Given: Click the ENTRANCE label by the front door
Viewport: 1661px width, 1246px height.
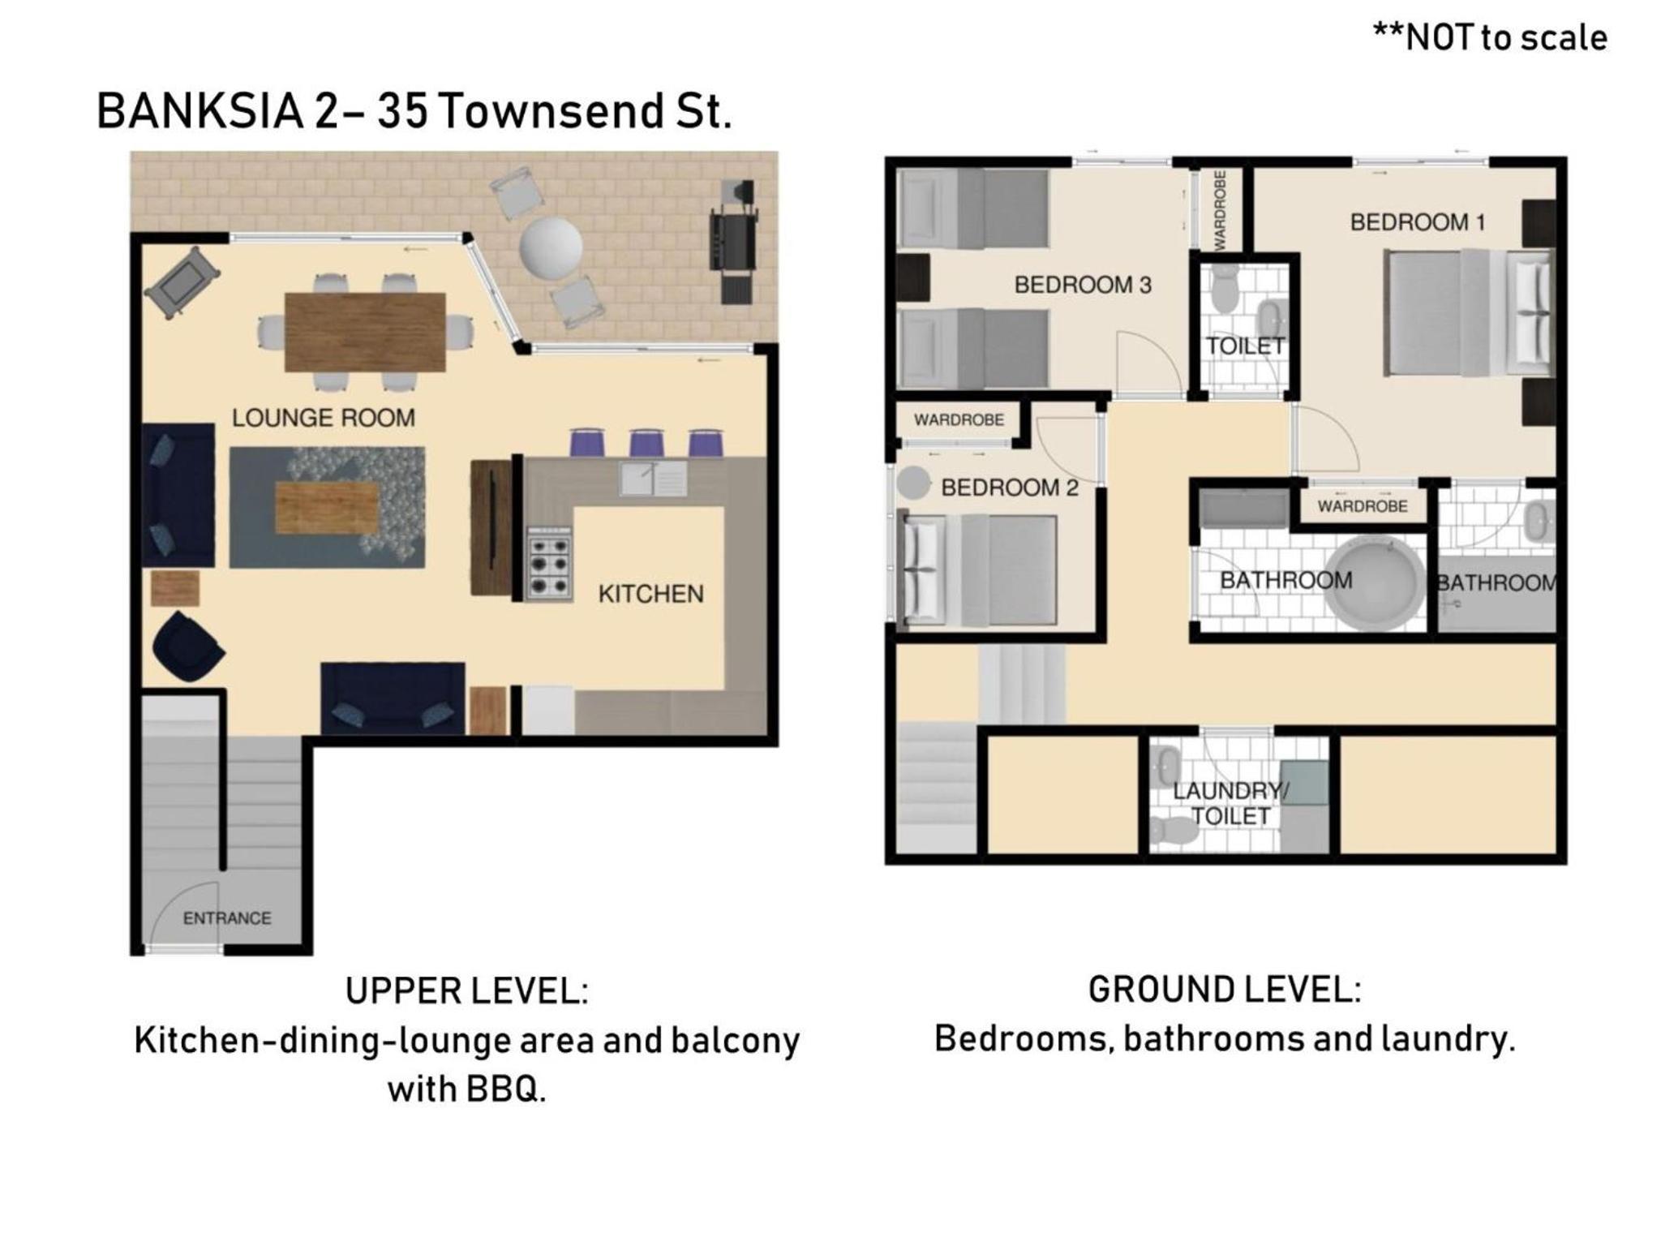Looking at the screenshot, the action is (x=227, y=918).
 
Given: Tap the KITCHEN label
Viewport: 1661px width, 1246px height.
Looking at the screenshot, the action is (x=650, y=594).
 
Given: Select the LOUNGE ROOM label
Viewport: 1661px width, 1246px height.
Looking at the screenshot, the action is (x=324, y=418).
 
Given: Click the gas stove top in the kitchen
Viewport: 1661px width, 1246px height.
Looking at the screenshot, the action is (x=549, y=564).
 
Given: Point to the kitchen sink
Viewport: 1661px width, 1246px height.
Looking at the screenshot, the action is (x=653, y=478).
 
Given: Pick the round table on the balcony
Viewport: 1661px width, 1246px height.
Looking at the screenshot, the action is (x=551, y=247).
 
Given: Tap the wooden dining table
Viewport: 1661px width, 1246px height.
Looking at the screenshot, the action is (x=365, y=331).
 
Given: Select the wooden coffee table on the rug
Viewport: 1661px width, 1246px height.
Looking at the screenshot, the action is (x=327, y=508).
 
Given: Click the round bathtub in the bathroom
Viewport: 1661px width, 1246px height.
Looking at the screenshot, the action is (x=1374, y=584).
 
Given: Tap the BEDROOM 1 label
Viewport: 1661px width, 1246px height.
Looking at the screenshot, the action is (x=1417, y=222).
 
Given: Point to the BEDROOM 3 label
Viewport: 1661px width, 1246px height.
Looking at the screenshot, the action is (x=1083, y=285).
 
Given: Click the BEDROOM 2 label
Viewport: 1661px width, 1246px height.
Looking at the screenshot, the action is (x=1010, y=488).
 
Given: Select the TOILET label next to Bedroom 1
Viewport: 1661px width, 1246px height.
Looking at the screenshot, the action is (x=1245, y=346).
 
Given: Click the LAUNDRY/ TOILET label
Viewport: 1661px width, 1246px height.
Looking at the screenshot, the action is (x=1230, y=803).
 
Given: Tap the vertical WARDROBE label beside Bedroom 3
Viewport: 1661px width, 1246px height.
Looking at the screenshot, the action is (x=1220, y=209).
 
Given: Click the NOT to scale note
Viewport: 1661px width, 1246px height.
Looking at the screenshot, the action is (x=1490, y=37).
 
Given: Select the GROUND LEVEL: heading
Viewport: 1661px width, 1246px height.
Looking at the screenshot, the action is (x=1225, y=990).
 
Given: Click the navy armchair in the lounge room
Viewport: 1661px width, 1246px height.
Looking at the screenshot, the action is (x=187, y=647).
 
